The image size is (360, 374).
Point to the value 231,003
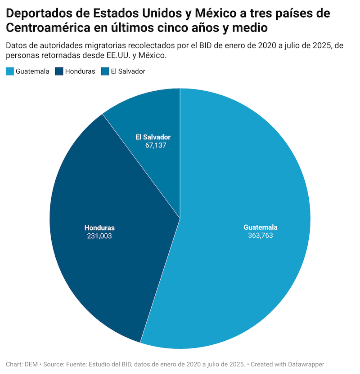99,236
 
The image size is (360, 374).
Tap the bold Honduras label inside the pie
99,227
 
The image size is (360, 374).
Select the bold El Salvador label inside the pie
153,137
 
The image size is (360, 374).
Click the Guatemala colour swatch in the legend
10,71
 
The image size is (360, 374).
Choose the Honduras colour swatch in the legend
59,71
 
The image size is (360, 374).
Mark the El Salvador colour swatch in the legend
105,71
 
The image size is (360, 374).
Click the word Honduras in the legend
80,71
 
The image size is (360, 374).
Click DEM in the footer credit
31,364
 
